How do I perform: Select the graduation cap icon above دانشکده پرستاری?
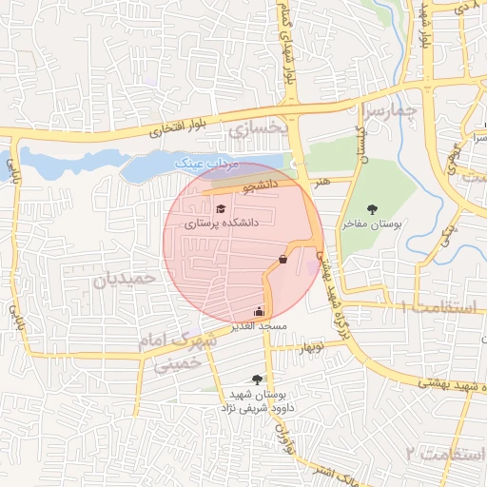point(221,208)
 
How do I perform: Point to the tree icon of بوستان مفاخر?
point(372,208)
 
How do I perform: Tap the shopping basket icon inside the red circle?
point(282,258)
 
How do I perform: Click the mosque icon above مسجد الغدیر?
point(259,311)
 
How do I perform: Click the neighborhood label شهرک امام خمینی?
point(168,351)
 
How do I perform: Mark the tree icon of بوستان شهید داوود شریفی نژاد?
point(257,379)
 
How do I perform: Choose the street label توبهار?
point(312,349)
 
